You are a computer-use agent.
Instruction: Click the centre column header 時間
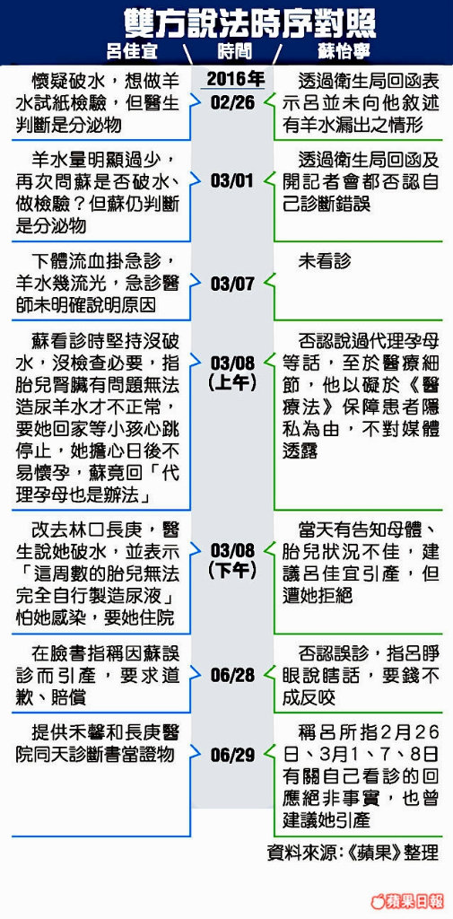[234, 51]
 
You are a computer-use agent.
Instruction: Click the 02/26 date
[232, 102]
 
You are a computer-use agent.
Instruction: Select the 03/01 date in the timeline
[232, 180]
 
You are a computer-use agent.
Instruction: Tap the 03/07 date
[232, 284]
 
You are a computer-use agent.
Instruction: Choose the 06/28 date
[232, 675]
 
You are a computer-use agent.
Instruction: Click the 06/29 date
[232, 756]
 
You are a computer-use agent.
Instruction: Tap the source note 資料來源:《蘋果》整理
[353, 852]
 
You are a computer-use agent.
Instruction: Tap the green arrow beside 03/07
[269, 284]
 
